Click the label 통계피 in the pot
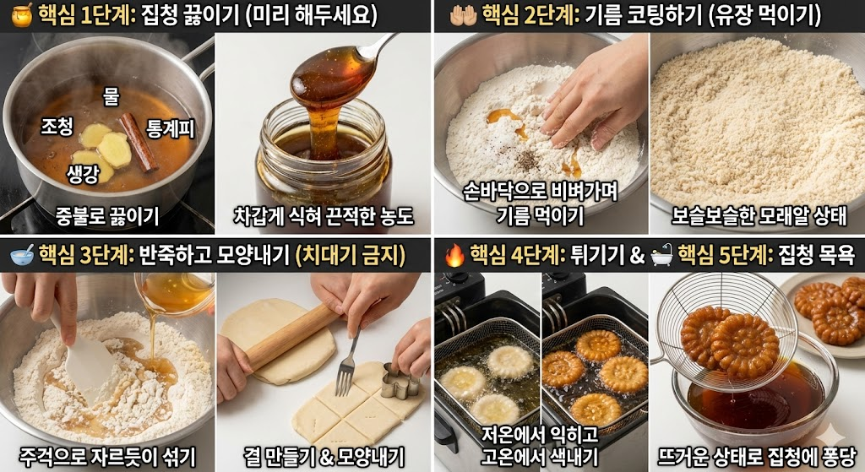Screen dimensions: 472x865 (x=171, y=129)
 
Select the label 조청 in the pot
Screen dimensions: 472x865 (x=57, y=127)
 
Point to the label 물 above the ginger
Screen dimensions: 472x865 (x=111, y=96)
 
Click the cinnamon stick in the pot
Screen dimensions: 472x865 (x=137, y=141)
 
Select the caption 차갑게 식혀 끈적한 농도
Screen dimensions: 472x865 (x=324, y=215)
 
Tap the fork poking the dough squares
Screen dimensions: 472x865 (x=347, y=363)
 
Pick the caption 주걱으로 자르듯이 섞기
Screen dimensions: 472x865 (x=107, y=457)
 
